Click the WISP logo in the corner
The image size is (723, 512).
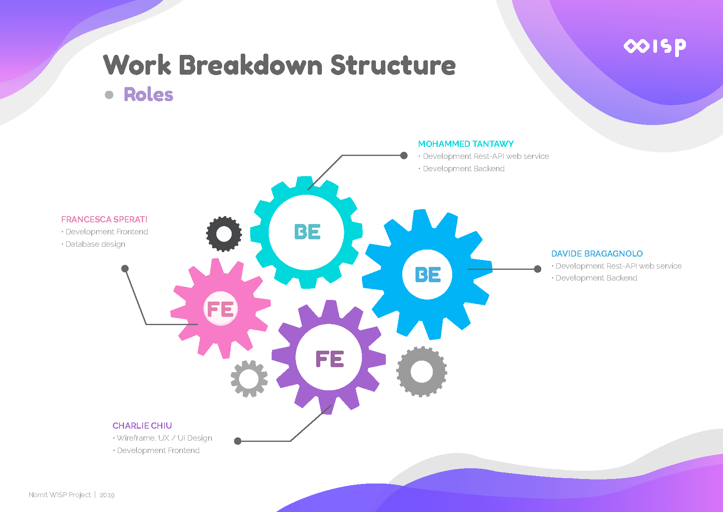point(655,47)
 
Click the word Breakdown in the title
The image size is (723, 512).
point(251,65)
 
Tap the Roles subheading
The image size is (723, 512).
point(148,94)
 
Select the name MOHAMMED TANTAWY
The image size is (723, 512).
point(466,144)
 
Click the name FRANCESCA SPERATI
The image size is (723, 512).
point(104,219)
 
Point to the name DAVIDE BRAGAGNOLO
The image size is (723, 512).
point(597,254)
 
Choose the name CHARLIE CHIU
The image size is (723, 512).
point(142,426)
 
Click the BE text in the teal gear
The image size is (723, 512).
point(307,232)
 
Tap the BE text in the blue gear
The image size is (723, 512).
point(428,275)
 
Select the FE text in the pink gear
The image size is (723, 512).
point(221,309)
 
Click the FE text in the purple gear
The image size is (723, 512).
point(329,359)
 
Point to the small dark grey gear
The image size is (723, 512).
point(224,234)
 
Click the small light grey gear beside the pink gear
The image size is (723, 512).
point(249,378)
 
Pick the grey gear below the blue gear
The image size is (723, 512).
point(421,372)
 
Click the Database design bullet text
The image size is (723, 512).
point(95,244)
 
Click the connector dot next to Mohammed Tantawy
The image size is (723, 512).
point(404,156)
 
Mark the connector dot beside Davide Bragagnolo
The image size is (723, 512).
point(538,269)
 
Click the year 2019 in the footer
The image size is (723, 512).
point(107,495)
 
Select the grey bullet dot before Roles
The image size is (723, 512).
point(109,95)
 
